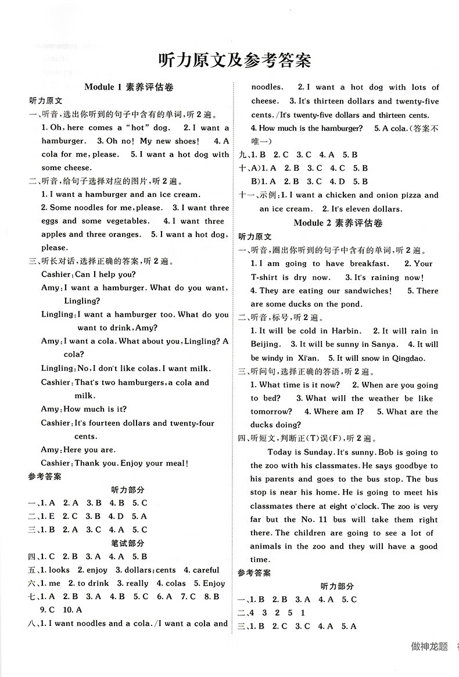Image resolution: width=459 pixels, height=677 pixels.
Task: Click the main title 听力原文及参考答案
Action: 235,60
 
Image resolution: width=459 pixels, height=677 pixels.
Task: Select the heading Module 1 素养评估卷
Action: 130,87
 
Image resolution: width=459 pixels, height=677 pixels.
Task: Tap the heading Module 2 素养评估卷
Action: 339,223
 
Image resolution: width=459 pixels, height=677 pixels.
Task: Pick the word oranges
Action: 121,235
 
